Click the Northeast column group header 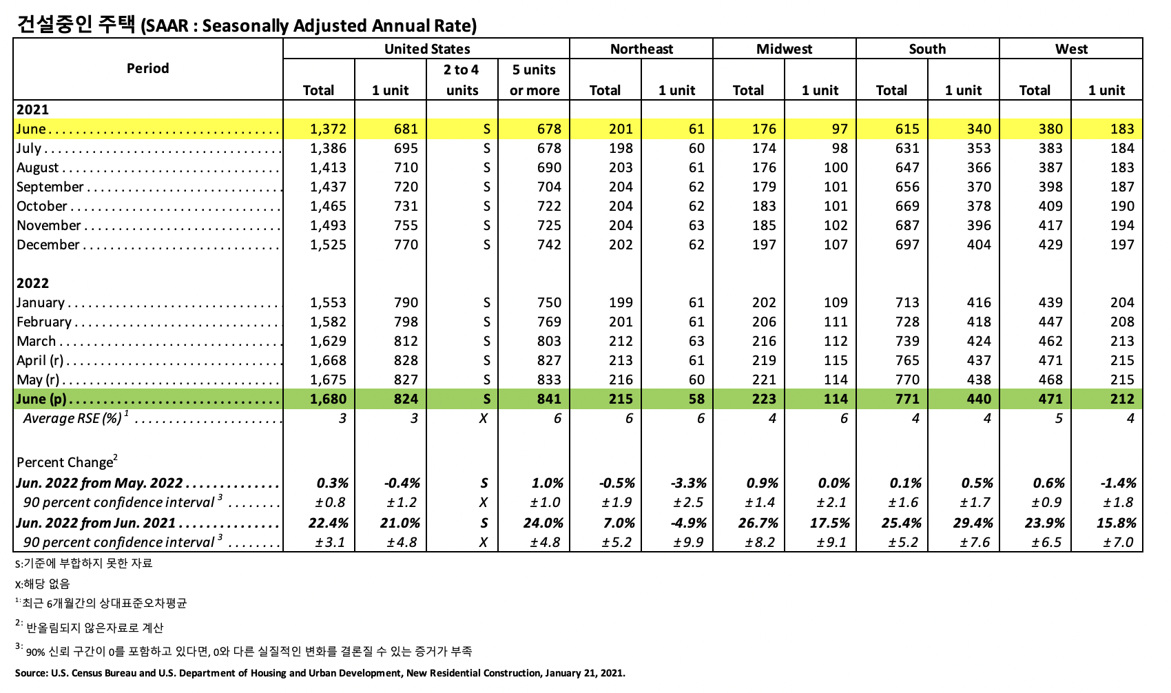(x=641, y=49)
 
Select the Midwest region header (x=784, y=49)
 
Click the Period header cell (x=147, y=68)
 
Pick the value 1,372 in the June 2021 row (x=328, y=129)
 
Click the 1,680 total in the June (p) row (x=328, y=399)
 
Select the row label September (x=50, y=187)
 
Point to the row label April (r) (x=40, y=360)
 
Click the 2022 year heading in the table (x=32, y=283)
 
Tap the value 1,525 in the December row (x=328, y=245)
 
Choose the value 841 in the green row (x=549, y=399)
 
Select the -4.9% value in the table (x=688, y=523)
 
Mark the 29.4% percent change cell (x=973, y=523)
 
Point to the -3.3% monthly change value (x=688, y=483)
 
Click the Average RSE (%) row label (x=74, y=418)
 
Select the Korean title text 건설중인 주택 (x=76, y=25)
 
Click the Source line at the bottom (x=320, y=673)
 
